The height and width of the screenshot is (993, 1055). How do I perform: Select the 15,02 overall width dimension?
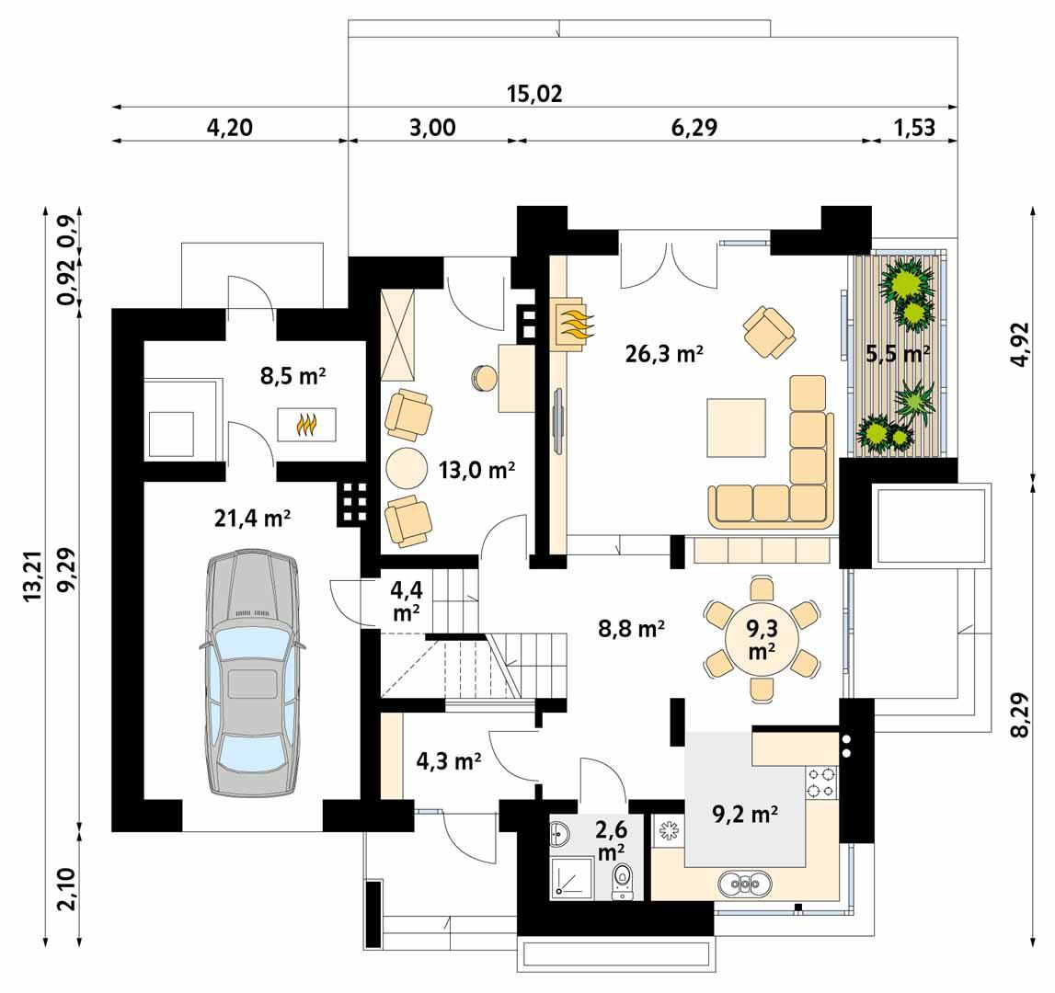pos(533,94)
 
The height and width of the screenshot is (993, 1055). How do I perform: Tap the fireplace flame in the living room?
pos(572,325)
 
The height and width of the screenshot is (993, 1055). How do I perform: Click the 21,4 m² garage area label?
pos(252,519)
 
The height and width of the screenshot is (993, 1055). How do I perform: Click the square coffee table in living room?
pos(736,428)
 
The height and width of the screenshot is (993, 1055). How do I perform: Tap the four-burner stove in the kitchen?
pos(821,782)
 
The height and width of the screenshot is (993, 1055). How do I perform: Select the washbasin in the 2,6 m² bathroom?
pos(560,835)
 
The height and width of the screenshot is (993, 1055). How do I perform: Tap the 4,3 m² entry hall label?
pos(449,761)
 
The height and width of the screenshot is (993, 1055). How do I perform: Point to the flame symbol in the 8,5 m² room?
pos(306,424)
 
